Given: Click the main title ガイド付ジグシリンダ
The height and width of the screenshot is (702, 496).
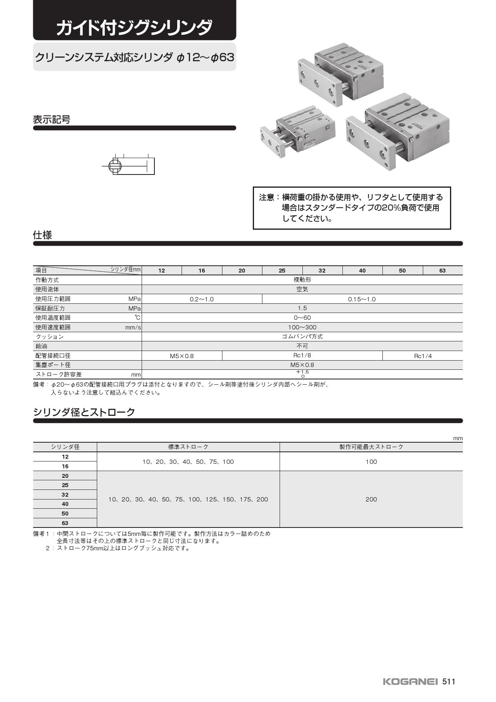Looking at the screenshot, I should [x=134, y=28].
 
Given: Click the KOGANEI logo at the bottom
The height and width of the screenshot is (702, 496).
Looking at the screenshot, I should [x=410, y=682].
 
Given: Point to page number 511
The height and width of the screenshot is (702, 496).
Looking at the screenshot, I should [x=449, y=682].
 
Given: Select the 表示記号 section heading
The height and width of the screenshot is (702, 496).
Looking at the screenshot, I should [x=52, y=119].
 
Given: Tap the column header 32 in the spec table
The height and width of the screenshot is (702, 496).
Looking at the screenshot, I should [x=322, y=271].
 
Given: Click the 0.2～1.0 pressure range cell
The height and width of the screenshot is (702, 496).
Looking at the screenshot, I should [x=202, y=299].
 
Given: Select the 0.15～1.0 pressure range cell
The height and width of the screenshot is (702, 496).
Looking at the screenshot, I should [x=362, y=299].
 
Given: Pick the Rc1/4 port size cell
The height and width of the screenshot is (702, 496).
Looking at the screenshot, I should [x=423, y=356].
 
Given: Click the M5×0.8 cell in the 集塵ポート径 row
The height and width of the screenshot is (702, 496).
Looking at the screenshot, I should [x=302, y=365].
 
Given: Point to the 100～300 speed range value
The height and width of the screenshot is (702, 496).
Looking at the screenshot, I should [x=302, y=327].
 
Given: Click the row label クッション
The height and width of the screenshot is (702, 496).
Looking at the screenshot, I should [x=50, y=337].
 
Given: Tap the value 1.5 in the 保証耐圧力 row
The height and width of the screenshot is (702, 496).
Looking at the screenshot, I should [x=302, y=308].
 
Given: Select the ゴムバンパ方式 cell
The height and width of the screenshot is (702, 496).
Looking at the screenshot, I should [x=302, y=337].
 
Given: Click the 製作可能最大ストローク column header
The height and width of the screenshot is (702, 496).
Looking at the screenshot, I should [x=371, y=447].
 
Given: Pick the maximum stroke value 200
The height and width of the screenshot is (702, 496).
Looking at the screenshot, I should [x=371, y=499].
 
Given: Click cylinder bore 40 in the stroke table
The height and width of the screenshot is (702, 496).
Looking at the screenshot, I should [x=65, y=504].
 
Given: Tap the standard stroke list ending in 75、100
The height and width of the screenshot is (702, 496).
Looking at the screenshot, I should [x=188, y=462].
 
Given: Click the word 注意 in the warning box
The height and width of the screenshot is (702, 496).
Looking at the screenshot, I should [x=266, y=197].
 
